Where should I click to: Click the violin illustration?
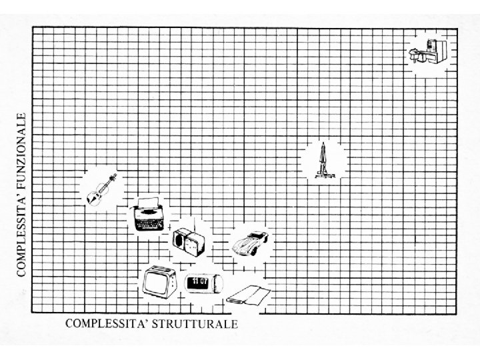pos(101,189)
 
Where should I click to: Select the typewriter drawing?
pos(147,215)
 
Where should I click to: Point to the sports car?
pos(248,245)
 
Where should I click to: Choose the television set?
pos(159,281)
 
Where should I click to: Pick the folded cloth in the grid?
pos(247,294)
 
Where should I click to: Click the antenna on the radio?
pos(193,223)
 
